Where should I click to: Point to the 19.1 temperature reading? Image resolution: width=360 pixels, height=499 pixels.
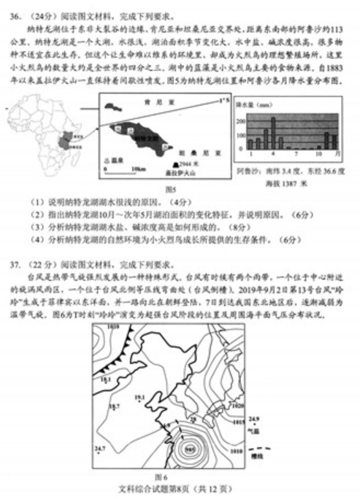tap(105, 379)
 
